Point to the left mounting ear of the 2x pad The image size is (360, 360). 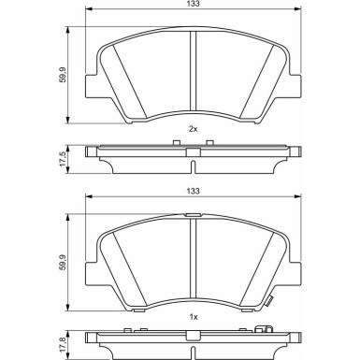[94, 85]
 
